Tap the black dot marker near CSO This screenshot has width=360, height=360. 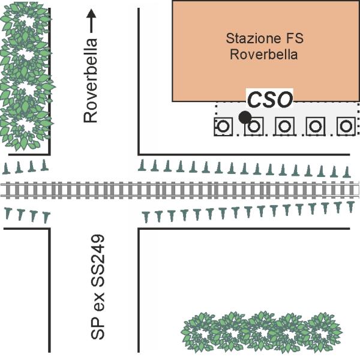(x=244, y=117)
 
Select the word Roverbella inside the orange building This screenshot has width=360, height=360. (x=265, y=55)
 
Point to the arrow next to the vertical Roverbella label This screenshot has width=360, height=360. (x=91, y=22)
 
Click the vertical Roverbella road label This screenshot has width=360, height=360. (x=91, y=81)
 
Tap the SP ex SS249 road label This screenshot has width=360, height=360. (x=98, y=289)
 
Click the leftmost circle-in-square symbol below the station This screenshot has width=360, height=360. (x=224, y=127)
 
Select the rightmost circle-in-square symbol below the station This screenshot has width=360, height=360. (x=344, y=127)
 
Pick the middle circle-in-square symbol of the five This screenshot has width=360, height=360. (x=284, y=127)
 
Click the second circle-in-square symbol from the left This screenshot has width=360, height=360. (x=254, y=127)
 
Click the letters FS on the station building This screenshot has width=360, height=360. (x=293, y=39)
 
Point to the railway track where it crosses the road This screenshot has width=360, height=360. (x=93, y=190)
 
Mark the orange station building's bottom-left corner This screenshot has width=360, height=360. (x=173, y=100)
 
